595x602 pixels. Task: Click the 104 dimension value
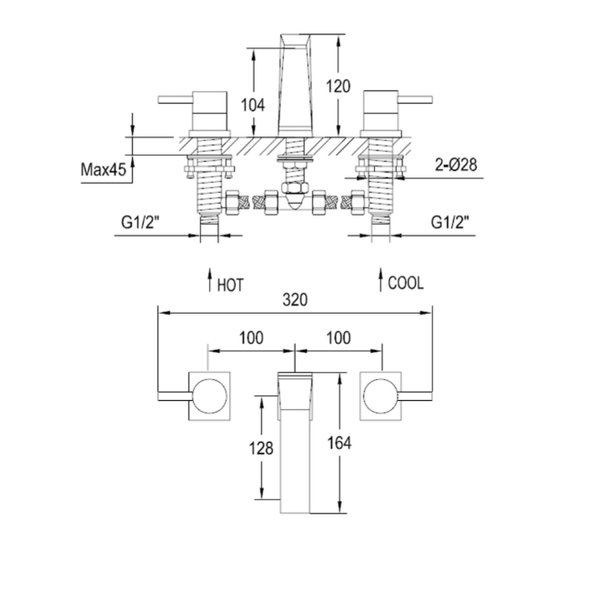tap(254, 105)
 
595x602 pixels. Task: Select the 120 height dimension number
tap(338, 86)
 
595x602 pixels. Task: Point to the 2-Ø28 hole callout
tap(456, 164)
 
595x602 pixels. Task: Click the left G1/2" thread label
tap(141, 220)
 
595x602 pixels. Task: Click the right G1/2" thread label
tap(450, 220)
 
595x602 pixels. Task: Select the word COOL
tap(406, 283)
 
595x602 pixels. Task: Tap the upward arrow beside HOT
tap(209, 279)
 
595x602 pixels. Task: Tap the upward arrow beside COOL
tap(379, 279)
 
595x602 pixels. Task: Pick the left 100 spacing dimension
tap(251, 337)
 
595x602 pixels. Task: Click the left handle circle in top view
tap(210, 396)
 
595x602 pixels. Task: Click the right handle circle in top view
tap(379, 396)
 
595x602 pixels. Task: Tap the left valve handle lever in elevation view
tap(179, 98)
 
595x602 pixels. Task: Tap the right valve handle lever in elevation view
tap(409, 98)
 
